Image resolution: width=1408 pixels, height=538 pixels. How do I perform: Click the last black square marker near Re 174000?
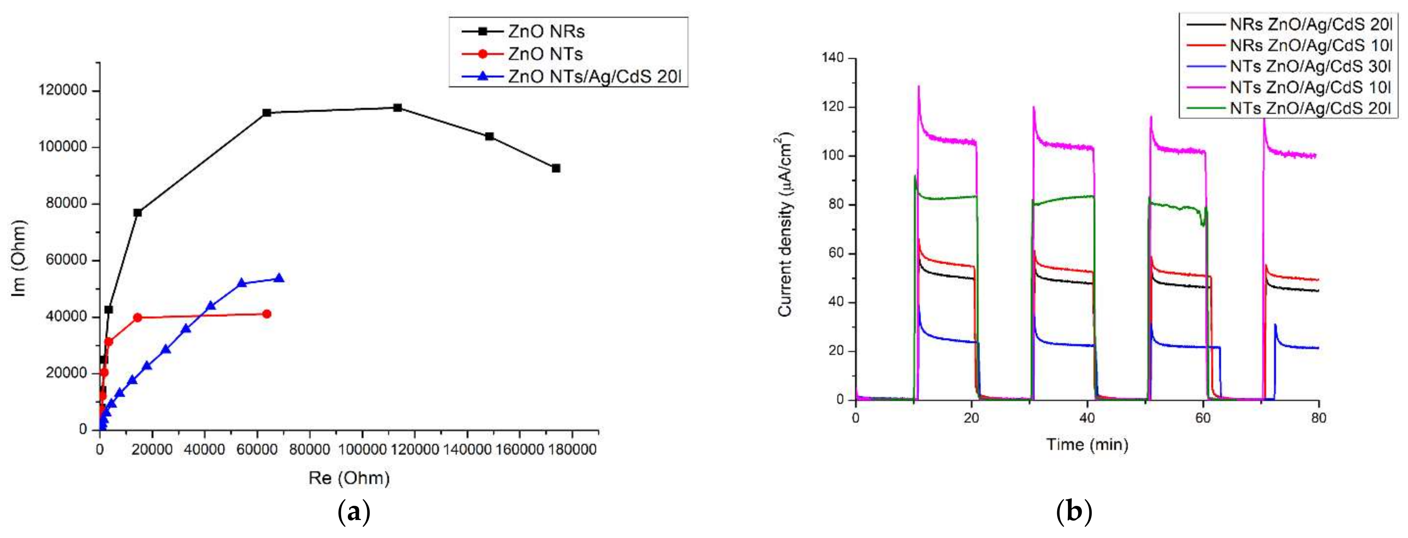pos(556,168)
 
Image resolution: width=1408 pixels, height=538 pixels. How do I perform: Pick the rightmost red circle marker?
pos(267,314)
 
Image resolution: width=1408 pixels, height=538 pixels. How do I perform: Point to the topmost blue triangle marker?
pos(279,278)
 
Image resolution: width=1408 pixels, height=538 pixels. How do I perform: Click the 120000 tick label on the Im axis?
pos(63,91)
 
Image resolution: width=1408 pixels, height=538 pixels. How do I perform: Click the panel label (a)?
pos(354,513)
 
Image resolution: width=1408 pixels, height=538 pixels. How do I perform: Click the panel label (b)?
pos(1074,513)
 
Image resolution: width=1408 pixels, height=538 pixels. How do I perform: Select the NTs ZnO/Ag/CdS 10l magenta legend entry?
pos(1309,87)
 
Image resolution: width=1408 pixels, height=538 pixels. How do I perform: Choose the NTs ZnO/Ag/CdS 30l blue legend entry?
pos(1309,66)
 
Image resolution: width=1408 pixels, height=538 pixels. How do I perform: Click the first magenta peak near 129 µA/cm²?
pos(919,86)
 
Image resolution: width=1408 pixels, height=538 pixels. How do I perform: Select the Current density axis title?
pos(785,224)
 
